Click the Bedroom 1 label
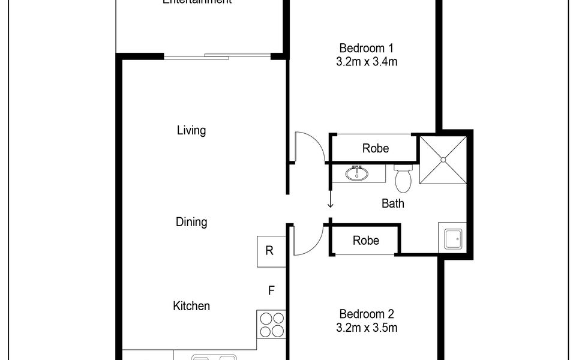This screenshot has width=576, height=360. coord(367,48)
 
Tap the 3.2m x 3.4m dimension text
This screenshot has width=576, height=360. coord(367,62)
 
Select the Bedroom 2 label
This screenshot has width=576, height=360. coord(367,314)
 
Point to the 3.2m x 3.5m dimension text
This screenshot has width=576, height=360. coord(367,328)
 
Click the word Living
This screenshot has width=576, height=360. coord(191,130)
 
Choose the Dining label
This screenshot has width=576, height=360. coord(191,222)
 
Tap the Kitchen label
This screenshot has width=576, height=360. coord(191,306)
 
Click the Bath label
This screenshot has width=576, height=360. coord(393,203)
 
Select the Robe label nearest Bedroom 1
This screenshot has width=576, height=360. coord(376,148)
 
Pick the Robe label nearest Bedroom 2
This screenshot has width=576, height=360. coord(366,241)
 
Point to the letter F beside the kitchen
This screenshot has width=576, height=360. coord(271,291)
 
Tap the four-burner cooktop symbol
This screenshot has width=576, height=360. coord(271,324)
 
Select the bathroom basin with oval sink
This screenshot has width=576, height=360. coord(358,174)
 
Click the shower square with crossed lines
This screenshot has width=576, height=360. coord(443,159)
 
